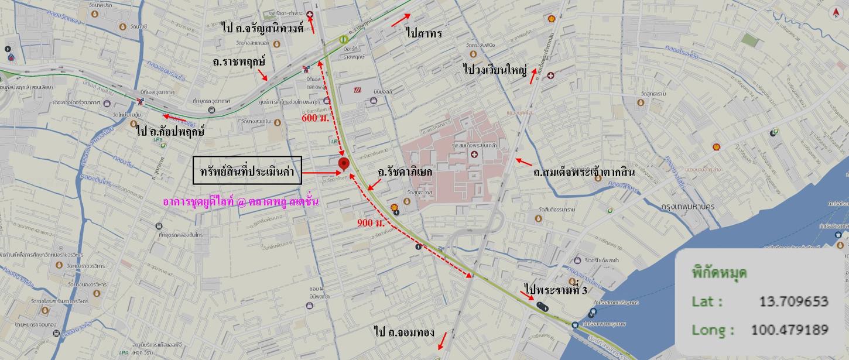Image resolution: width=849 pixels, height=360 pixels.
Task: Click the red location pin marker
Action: pyautogui.click(x=344, y=164)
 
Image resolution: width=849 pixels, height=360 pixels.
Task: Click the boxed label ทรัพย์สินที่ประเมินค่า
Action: pyautogui.click(x=247, y=172)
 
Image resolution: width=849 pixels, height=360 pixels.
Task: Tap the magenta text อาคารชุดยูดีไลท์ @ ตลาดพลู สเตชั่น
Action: pyautogui.click(x=241, y=202)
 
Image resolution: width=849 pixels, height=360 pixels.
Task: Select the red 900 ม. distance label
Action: pyautogui.click(x=371, y=224)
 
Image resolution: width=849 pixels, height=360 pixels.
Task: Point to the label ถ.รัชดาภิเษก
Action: pyautogui.click(x=405, y=172)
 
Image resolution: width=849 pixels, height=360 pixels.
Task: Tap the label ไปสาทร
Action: pyautogui.click(x=424, y=33)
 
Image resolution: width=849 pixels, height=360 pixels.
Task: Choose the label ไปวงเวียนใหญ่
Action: pyautogui.click(x=495, y=69)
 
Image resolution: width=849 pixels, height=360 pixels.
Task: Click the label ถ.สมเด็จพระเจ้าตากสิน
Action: pyautogui.click(x=584, y=173)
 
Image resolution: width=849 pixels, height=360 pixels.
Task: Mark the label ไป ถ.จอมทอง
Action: pyautogui.click(x=404, y=332)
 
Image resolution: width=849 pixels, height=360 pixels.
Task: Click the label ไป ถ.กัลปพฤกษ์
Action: pyautogui.click(x=170, y=131)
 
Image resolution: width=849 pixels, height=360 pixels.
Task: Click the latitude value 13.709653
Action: pyautogui.click(x=793, y=301)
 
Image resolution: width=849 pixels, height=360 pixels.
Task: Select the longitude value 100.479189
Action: pyautogui.click(x=789, y=330)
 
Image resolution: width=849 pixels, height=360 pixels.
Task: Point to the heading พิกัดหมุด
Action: pyautogui.click(x=719, y=273)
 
